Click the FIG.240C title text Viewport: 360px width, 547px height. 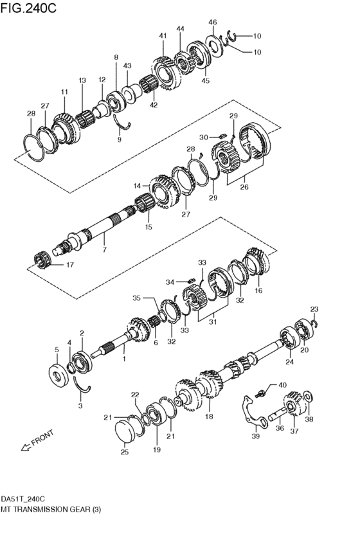point(29,8)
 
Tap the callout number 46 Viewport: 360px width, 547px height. point(213,22)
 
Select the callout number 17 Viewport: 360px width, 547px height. point(69,264)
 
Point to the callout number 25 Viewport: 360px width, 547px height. point(125,453)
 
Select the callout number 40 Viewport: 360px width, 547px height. point(282,385)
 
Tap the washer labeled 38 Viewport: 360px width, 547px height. point(307,394)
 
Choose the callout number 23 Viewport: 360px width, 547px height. point(314,310)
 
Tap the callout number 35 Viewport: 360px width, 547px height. point(136,298)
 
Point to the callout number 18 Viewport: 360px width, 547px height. point(208,417)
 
